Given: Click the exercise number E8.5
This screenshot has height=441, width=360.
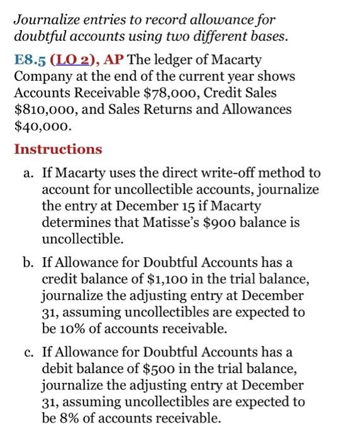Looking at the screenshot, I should click(x=29, y=60).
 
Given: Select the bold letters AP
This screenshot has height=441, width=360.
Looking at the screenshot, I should click(x=115, y=60).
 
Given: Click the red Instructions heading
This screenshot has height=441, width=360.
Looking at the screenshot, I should click(x=58, y=149).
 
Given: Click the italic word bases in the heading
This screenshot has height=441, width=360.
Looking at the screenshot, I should click(x=269, y=36).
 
